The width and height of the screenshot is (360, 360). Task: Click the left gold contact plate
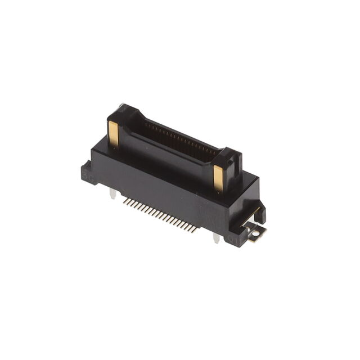click(114, 135)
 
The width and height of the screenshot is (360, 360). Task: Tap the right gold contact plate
click(218, 178)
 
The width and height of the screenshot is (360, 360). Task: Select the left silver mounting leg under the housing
click(113, 194)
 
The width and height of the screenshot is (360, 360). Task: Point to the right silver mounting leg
click(217, 238)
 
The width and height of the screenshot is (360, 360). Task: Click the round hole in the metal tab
click(256, 231)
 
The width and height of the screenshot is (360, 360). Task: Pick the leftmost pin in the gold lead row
click(124, 200)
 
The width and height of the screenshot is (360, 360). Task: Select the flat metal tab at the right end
click(255, 231)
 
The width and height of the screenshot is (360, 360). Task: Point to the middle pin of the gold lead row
click(160, 215)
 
